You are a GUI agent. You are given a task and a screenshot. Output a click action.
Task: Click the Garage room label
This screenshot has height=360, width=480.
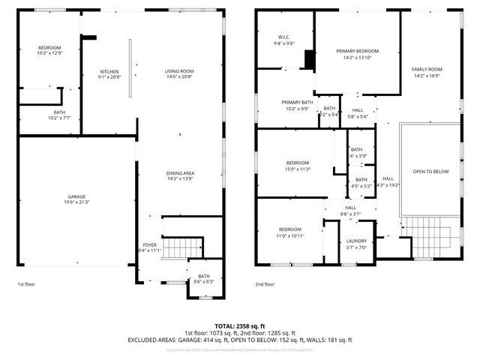pos(76,199)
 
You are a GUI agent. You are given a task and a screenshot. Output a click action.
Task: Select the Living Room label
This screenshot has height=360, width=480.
pos(179,73)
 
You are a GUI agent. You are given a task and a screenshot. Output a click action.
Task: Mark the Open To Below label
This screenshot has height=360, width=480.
pos(430,172)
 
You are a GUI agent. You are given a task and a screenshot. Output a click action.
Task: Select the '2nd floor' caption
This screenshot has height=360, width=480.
pos(265,284)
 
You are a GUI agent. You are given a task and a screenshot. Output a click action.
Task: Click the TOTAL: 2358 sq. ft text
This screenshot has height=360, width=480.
pos(239,325)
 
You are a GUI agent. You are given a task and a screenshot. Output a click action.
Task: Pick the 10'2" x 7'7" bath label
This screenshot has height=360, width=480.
pos(38,115)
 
